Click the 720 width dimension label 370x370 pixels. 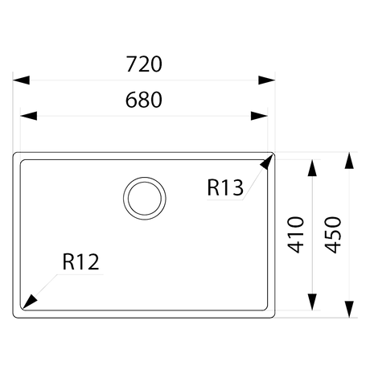coord(144,64)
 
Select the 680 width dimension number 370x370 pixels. coord(144,100)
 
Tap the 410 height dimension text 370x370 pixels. coord(296,235)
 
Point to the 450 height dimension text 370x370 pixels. coord(333,235)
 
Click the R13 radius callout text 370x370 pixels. coord(225,187)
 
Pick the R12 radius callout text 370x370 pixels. coord(80,261)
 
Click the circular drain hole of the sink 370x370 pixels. coord(145,199)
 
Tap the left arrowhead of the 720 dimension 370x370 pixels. coord(21,80)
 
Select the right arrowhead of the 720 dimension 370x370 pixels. coord(266,80)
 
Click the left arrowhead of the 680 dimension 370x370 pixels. coord(29,116)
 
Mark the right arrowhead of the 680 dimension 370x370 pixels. coord(259,116)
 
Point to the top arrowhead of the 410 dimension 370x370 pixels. coord(312,168)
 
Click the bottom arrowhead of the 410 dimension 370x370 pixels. coord(312,302)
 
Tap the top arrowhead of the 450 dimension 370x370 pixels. coord(349,160)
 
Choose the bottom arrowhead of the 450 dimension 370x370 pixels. coord(349,310)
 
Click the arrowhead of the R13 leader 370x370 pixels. coord(266,162)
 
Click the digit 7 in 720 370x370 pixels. coord(131,64)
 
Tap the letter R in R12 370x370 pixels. coord(68,261)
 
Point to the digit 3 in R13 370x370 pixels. coord(237,187)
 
